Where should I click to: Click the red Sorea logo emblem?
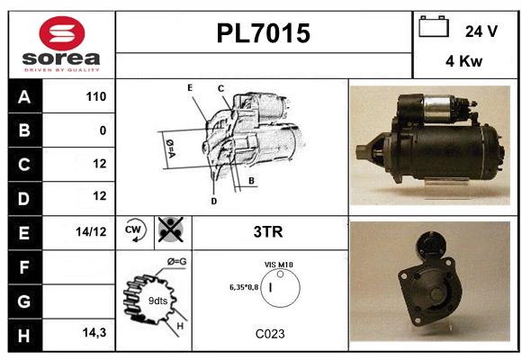(x=62, y=33)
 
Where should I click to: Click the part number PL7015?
(x=264, y=33)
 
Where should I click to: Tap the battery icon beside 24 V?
(x=434, y=26)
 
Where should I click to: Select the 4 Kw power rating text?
(x=463, y=61)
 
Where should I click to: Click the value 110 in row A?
(x=96, y=96)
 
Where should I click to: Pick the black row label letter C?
(x=24, y=165)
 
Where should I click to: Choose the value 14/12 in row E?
(x=91, y=231)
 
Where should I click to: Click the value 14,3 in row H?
(x=94, y=332)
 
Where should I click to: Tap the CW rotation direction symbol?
(x=135, y=230)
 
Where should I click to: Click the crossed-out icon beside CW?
(x=171, y=229)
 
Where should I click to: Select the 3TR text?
(x=268, y=232)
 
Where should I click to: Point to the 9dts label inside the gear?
(x=157, y=301)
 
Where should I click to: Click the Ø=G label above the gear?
(x=176, y=262)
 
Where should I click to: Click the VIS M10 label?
(x=279, y=265)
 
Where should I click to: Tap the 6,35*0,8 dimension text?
(x=244, y=287)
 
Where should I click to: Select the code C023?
(x=270, y=334)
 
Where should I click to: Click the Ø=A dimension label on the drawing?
(x=170, y=148)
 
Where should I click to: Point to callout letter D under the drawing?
(x=213, y=201)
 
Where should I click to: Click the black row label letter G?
(x=24, y=301)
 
